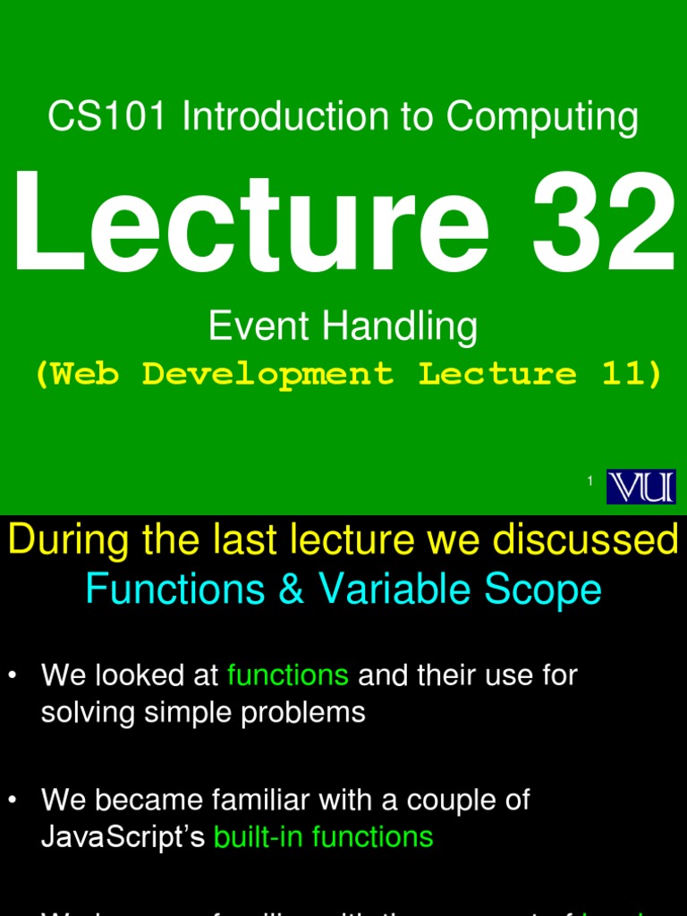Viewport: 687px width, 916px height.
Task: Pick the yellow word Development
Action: pyautogui.click(x=267, y=375)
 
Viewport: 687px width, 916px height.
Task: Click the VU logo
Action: pyautogui.click(x=641, y=487)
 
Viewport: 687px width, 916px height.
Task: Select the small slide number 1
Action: pyautogui.click(x=590, y=482)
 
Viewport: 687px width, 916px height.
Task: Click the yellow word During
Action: pyautogui.click(x=71, y=541)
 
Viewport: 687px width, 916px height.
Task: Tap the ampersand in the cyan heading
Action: pyautogui.click(x=291, y=589)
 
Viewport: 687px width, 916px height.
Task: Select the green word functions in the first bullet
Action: pyautogui.click(x=288, y=675)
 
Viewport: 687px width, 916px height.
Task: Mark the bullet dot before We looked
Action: pyautogui.click(x=13, y=676)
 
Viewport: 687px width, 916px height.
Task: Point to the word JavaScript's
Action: pyautogui.click(x=123, y=837)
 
